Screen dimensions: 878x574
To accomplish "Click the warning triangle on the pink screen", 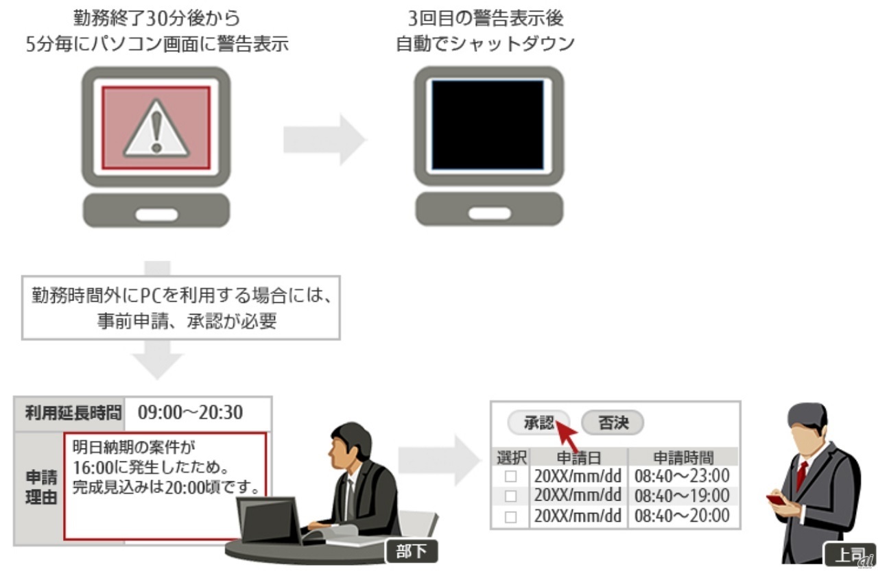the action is [156, 130].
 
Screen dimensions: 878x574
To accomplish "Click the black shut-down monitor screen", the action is [488, 125].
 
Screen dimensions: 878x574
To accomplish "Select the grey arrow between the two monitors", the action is [325, 139].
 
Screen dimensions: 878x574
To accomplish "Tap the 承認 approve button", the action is [539, 422].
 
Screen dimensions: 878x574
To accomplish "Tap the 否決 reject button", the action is [613, 422].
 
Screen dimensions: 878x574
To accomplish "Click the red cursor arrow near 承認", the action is [567, 435].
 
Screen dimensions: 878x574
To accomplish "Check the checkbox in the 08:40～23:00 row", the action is [510, 477].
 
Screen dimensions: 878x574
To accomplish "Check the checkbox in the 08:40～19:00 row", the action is [510, 496].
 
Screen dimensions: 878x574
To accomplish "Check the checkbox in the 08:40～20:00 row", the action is [510, 517].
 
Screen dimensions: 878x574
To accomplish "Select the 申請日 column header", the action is [579, 457].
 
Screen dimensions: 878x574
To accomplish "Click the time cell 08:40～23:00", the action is [682, 476].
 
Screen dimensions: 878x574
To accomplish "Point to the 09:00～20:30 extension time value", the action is [191, 412].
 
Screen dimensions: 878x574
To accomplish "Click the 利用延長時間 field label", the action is [73, 413].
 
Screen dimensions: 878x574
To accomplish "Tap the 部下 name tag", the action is [412, 551].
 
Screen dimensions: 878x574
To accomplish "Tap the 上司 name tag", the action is [849, 554].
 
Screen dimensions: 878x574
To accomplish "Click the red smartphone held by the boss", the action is [776, 499].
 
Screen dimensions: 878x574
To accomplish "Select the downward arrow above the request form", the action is [158, 359].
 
